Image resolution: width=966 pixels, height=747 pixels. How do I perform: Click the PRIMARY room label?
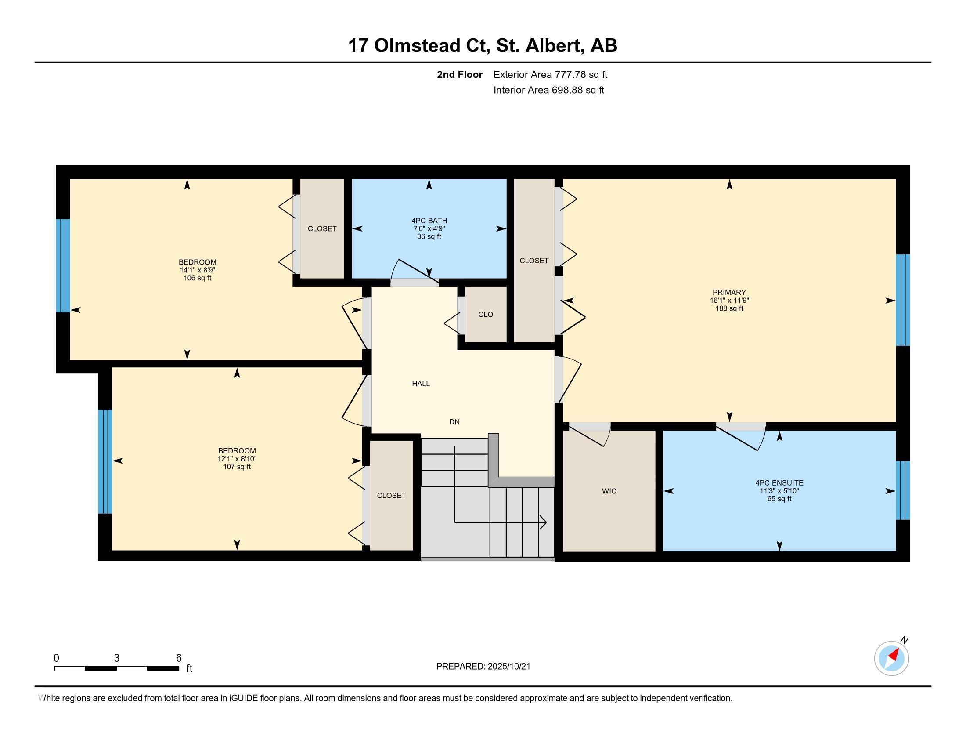729,293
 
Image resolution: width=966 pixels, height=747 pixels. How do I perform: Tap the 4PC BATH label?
429,221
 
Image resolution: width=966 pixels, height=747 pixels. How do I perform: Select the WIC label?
609,491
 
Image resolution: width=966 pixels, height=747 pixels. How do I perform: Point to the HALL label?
421,384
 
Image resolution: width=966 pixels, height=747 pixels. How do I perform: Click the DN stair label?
454,422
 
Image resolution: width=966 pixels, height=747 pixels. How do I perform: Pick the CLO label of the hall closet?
486,315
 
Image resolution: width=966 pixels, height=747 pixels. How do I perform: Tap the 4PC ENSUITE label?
779,483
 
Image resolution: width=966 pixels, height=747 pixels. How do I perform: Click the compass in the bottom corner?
892,659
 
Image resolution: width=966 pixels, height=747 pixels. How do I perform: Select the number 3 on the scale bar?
117,658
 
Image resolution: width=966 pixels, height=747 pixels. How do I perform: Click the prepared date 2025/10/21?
508,667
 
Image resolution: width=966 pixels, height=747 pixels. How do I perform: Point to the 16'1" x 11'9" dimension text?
729,301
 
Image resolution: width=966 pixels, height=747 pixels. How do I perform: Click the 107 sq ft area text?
237,467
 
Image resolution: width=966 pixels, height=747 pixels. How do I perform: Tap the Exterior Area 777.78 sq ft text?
550,75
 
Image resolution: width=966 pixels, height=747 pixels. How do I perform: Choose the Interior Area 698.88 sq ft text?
549,90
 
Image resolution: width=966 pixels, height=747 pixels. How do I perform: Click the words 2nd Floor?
460,75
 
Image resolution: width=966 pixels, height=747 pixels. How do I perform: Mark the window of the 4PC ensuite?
903,490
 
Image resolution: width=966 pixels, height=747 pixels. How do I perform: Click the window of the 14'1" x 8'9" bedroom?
63,265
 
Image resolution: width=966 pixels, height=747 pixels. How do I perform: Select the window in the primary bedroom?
903,300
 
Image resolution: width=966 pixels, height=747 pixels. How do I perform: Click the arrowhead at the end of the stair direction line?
544,522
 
